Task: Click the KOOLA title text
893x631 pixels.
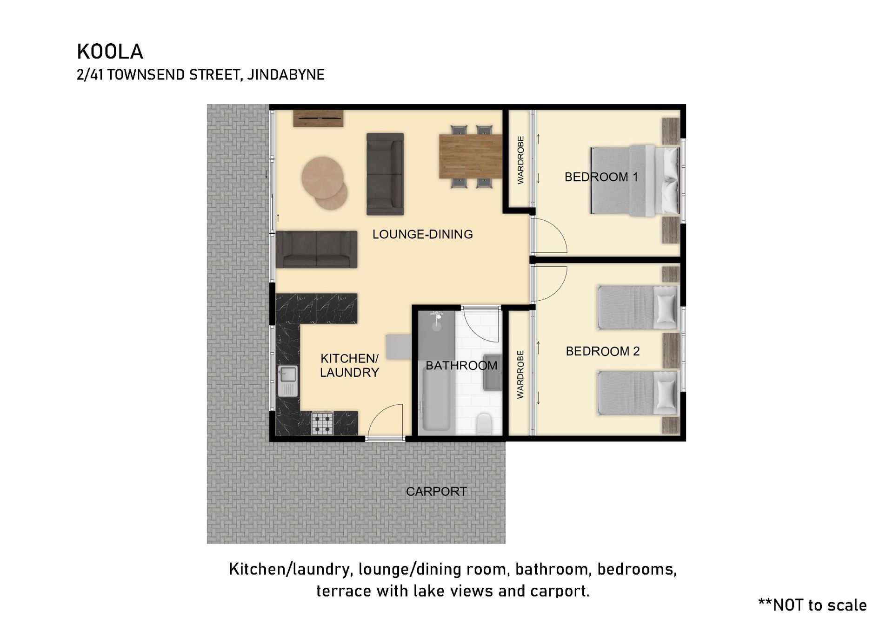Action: pyautogui.click(x=110, y=52)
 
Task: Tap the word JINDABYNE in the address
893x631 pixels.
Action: pyautogui.click(x=286, y=75)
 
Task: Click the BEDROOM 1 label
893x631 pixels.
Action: pyautogui.click(x=601, y=177)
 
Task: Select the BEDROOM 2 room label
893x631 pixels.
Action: pyautogui.click(x=603, y=351)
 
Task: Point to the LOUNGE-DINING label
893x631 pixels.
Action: pyautogui.click(x=422, y=234)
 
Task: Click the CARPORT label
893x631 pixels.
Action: pyautogui.click(x=436, y=491)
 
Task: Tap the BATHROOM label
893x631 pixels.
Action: pyautogui.click(x=461, y=366)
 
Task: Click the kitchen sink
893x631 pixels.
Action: pyautogui.click(x=287, y=381)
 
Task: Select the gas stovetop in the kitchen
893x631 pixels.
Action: pyautogui.click(x=322, y=423)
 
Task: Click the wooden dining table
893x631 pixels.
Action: pyautogui.click(x=471, y=156)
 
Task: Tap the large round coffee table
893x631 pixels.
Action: pyautogui.click(x=323, y=177)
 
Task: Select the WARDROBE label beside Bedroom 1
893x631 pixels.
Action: pyautogui.click(x=520, y=160)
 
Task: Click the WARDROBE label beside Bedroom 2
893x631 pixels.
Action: pyautogui.click(x=520, y=375)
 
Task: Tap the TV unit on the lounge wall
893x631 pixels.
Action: pyautogui.click(x=318, y=118)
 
